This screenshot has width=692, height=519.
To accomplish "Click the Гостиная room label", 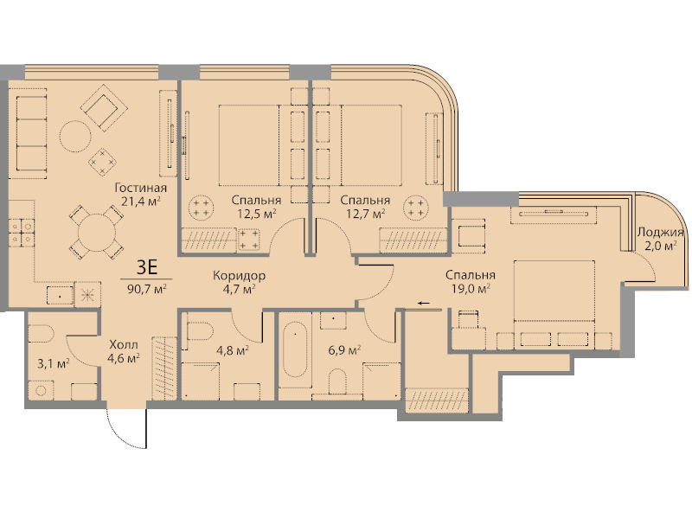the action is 140,188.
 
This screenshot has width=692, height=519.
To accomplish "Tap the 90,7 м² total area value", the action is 146,289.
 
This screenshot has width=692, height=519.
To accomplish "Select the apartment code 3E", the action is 147,267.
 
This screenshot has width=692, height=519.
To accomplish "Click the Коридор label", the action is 239,276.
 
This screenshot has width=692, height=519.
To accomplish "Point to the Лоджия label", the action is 660,232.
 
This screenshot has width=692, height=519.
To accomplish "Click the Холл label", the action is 124,344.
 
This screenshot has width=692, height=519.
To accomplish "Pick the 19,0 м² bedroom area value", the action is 471,289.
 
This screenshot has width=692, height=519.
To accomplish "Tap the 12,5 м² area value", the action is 256,214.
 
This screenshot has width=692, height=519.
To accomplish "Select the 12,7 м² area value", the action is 365,214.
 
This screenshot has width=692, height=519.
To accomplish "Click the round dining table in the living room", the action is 97,232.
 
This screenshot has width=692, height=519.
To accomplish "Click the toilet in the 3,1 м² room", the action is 41,333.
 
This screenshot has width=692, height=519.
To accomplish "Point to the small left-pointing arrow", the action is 424,303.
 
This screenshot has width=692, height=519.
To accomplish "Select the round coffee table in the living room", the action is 75,137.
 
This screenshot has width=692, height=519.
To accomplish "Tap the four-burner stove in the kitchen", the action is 22,233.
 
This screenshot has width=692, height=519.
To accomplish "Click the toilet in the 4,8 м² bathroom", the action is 201,330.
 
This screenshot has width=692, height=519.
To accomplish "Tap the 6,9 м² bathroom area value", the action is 344,351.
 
